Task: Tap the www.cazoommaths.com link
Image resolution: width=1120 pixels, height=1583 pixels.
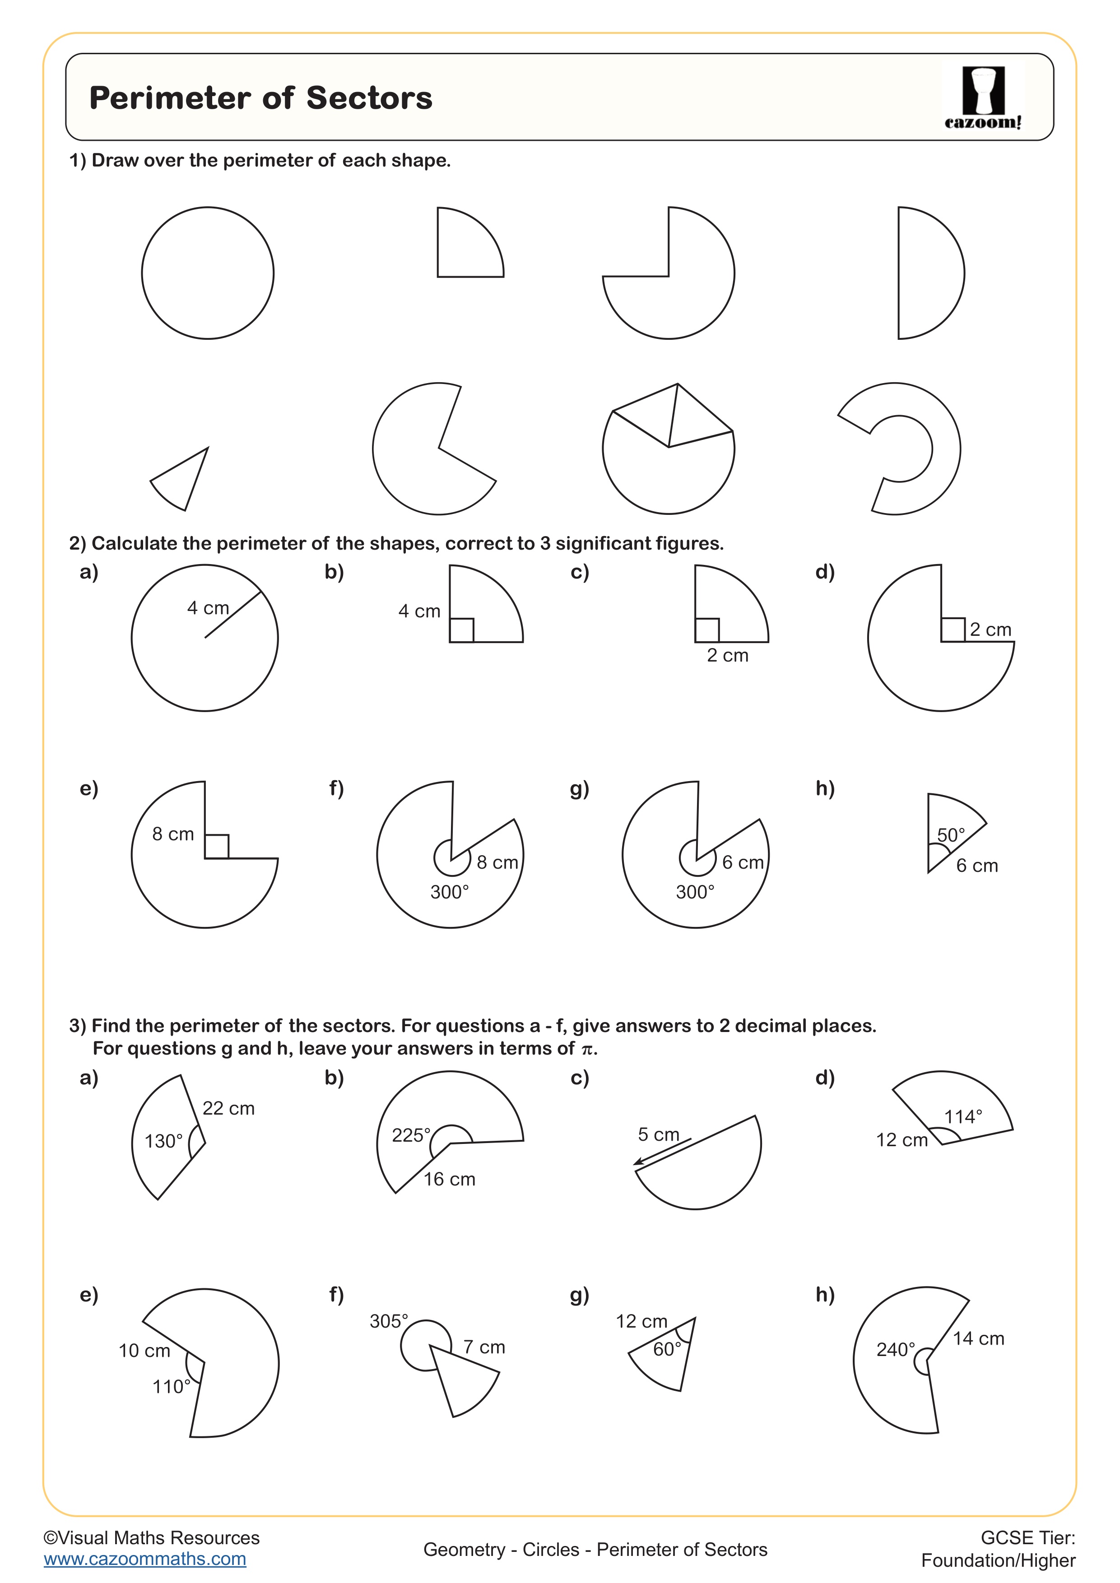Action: click(x=145, y=1559)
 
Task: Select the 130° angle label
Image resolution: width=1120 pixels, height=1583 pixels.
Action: click(x=163, y=1141)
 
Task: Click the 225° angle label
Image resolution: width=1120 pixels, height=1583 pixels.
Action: click(x=411, y=1135)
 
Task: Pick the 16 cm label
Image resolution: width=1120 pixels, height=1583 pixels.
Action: click(x=449, y=1179)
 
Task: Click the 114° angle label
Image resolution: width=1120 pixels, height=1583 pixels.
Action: click(x=963, y=1116)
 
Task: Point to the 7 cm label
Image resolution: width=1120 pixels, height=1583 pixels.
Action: click(x=484, y=1347)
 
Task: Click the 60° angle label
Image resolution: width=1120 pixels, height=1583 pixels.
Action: click(x=667, y=1349)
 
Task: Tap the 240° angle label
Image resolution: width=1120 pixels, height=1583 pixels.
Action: click(x=895, y=1349)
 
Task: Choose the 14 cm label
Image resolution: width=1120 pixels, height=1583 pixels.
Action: click(x=978, y=1338)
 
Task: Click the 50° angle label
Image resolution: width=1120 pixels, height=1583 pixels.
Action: click(x=950, y=835)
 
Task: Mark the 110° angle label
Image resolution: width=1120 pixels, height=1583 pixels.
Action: click(x=171, y=1387)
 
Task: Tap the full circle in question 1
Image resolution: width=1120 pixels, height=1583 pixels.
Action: click(x=208, y=273)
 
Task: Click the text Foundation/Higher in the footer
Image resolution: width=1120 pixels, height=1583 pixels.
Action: click(x=998, y=1560)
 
